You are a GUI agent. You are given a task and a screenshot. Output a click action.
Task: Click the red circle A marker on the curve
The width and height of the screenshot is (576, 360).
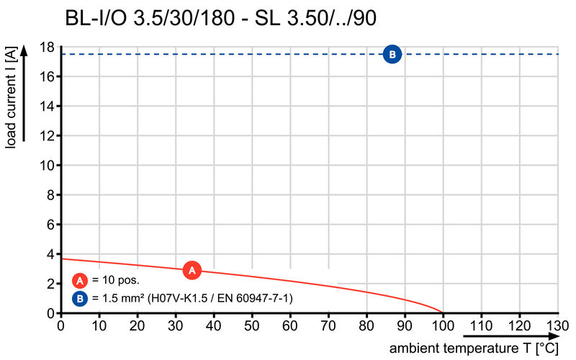192,270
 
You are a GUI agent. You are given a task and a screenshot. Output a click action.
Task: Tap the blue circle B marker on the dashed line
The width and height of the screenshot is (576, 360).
392,54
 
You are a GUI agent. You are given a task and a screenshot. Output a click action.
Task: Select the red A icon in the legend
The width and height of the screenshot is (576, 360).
81,280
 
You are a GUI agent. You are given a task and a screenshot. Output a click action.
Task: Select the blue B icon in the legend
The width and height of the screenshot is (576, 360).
81,297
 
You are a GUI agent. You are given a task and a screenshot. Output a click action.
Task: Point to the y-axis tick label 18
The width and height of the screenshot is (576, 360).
48,48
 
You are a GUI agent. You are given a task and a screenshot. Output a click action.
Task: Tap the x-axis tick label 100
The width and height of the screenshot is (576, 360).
443,325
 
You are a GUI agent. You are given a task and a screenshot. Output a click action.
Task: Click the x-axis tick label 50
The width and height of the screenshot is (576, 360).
251,325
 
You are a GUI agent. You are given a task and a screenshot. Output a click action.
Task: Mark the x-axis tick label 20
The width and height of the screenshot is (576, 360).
137,325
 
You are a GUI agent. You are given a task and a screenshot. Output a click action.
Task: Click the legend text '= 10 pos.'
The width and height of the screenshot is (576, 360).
116,280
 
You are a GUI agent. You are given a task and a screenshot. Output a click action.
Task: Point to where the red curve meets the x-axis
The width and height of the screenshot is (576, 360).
443,313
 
